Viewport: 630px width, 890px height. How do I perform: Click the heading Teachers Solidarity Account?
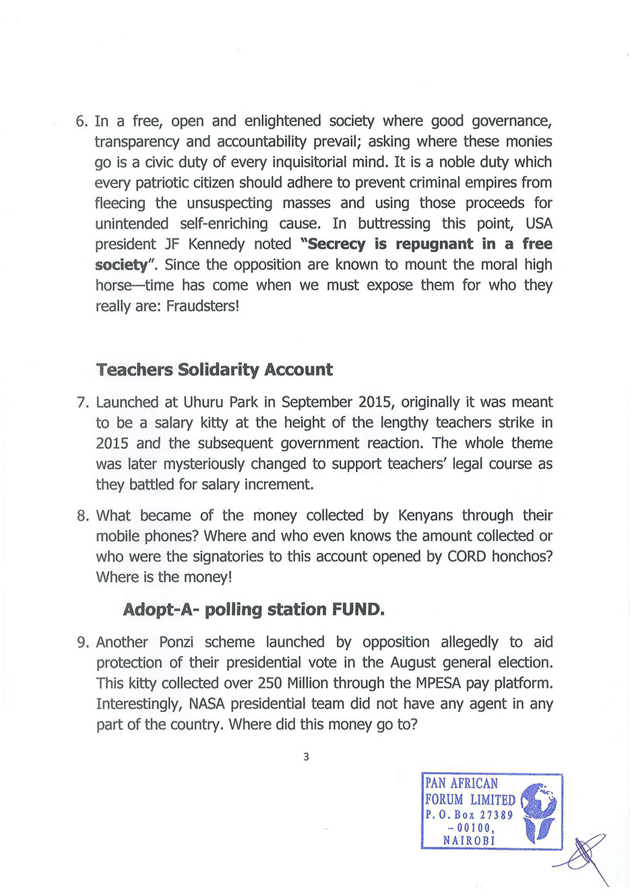tap(214, 370)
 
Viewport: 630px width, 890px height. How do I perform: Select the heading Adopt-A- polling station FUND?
tap(253, 610)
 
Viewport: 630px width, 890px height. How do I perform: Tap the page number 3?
tap(306, 757)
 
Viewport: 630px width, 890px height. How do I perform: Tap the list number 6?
tap(81, 121)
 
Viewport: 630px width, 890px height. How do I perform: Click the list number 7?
tap(82, 403)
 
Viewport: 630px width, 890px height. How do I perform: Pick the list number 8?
tap(82, 516)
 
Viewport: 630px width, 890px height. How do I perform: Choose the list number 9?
tap(82, 642)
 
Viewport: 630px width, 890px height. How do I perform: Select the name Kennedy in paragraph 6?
tap(216, 244)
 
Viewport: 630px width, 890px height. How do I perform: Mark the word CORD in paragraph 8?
tap(466, 557)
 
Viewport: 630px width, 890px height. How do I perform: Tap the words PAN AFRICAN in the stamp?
tap(462, 784)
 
